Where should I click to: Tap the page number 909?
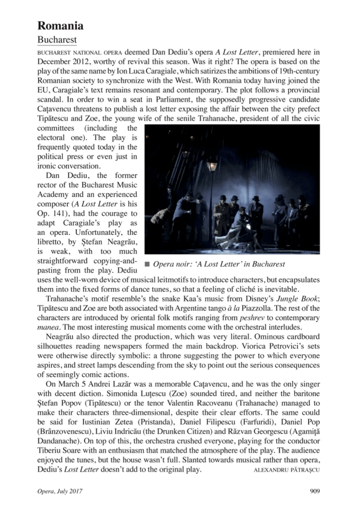(x=314, y=491)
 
